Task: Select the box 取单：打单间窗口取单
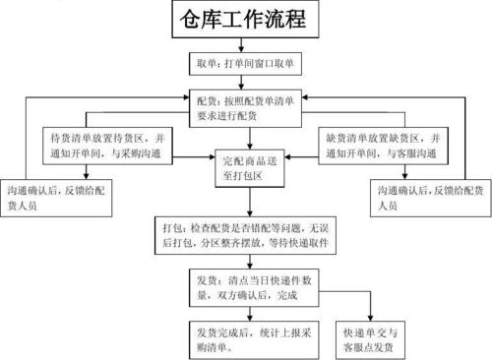(x=247, y=65)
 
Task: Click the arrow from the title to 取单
(x=247, y=45)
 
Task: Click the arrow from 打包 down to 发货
(x=247, y=261)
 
